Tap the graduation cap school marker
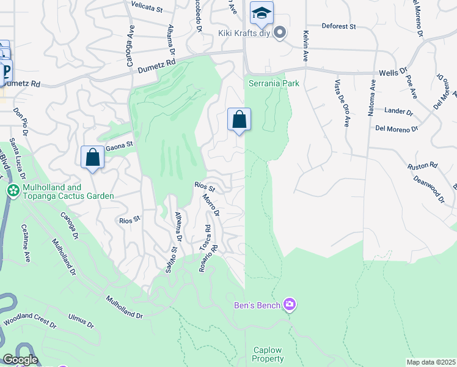[261, 13]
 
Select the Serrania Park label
[274, 83]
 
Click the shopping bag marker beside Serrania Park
[239, 119]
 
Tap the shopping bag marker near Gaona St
[92, 157]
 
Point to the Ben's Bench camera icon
[290, 304]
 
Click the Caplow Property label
[269, 355]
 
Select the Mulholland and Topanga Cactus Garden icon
[12, 191]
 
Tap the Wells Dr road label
[393, 72]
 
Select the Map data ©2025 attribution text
[431, 362]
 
